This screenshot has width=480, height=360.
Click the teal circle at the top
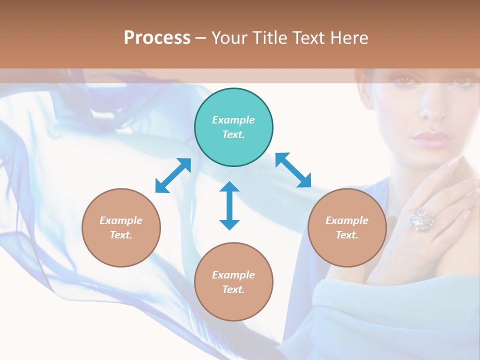point(233,127)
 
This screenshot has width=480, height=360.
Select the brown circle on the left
point(121,228)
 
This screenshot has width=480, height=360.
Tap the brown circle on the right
point(347,228)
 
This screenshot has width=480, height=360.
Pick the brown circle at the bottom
point(233,282)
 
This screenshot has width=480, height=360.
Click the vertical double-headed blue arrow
point(229,205)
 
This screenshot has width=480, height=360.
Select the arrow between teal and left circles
point(173,175)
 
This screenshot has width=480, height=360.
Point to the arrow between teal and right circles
point(293,170)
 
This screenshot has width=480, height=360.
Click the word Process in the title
point(157,37)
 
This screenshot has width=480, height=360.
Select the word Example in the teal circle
point(233,120)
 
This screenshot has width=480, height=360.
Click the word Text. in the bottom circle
point(233,289)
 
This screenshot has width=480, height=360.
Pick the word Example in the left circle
point(121,220)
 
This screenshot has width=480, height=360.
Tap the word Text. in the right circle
point(347,235)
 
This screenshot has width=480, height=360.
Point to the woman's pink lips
point(430,138)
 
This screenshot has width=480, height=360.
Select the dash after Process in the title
point(200,38)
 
